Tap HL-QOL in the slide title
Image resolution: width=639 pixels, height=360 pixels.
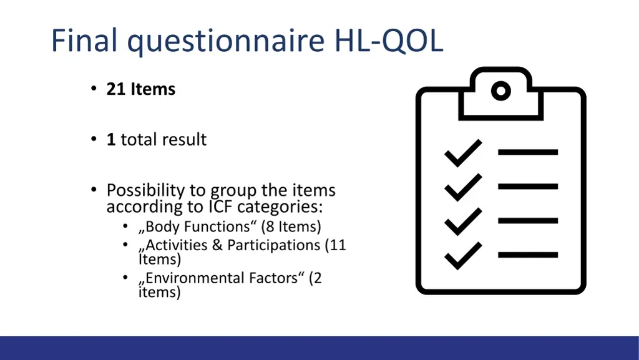(x=389, y=41)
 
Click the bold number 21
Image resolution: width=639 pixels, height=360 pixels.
(x=116, y=89)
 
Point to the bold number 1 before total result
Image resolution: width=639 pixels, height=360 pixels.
(x=111, y=139)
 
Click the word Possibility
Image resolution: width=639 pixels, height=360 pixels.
(x=145, y=190)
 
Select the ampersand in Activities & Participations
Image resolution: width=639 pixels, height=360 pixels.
(x=217, y=245)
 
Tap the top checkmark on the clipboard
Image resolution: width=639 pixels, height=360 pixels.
(x=462, y=153)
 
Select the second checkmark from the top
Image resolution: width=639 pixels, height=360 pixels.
(x=462, y=187)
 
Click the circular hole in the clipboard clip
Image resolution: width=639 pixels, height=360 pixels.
(x=501, y=91)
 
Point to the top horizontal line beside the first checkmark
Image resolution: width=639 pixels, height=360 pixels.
(x=528, y=152)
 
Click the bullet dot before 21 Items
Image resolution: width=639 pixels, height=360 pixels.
(x=93, y=89)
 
